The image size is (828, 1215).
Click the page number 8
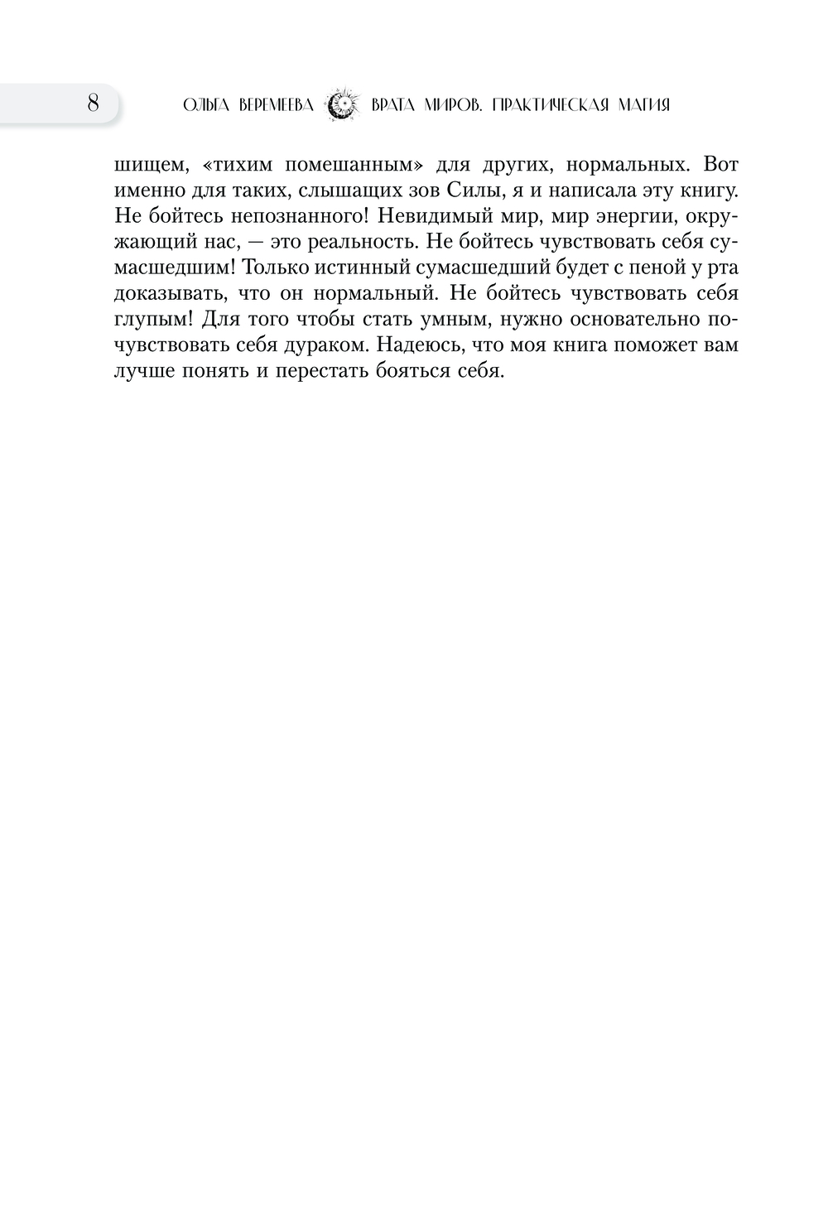coord(92,104)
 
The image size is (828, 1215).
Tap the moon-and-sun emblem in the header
coord(342,105)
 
